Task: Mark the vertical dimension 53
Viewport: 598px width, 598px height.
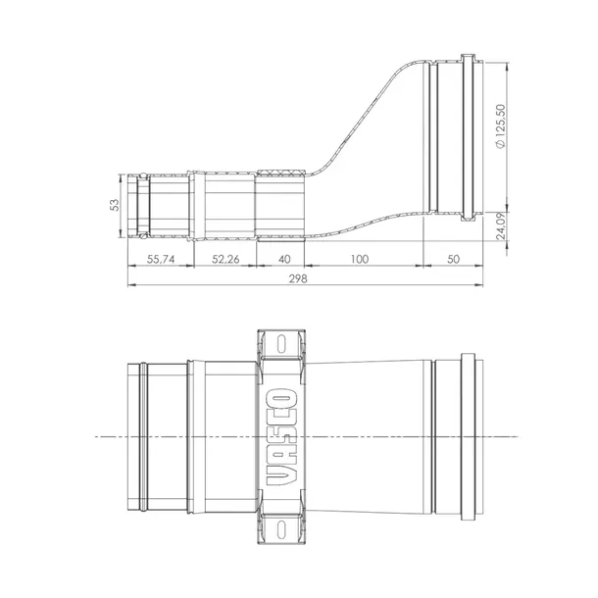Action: coord(115,205)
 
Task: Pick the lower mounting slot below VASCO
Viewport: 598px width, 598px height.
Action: coord(281,523)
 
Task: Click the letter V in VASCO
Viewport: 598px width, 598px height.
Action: coord(281,473)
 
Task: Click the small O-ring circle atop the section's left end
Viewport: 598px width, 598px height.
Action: coord(143,177)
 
